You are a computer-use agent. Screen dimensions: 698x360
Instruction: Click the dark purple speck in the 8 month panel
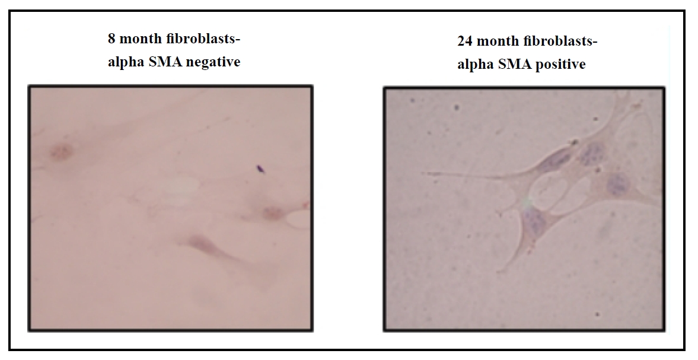click(x=259, y=168)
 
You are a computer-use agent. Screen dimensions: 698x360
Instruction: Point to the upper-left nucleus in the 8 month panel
click(x=61, y=152)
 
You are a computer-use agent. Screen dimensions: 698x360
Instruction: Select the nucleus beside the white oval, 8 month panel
click(x=271, y=213)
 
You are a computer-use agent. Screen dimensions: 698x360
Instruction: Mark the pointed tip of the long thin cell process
click(x=422, y=173)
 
